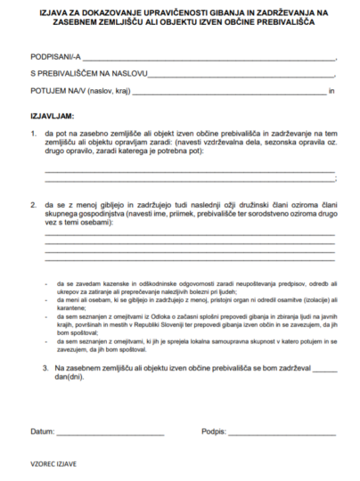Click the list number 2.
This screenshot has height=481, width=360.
33,204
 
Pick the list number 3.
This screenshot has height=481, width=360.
45,367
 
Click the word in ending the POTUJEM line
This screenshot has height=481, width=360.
331,91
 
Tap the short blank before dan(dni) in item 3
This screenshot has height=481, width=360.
325,370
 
